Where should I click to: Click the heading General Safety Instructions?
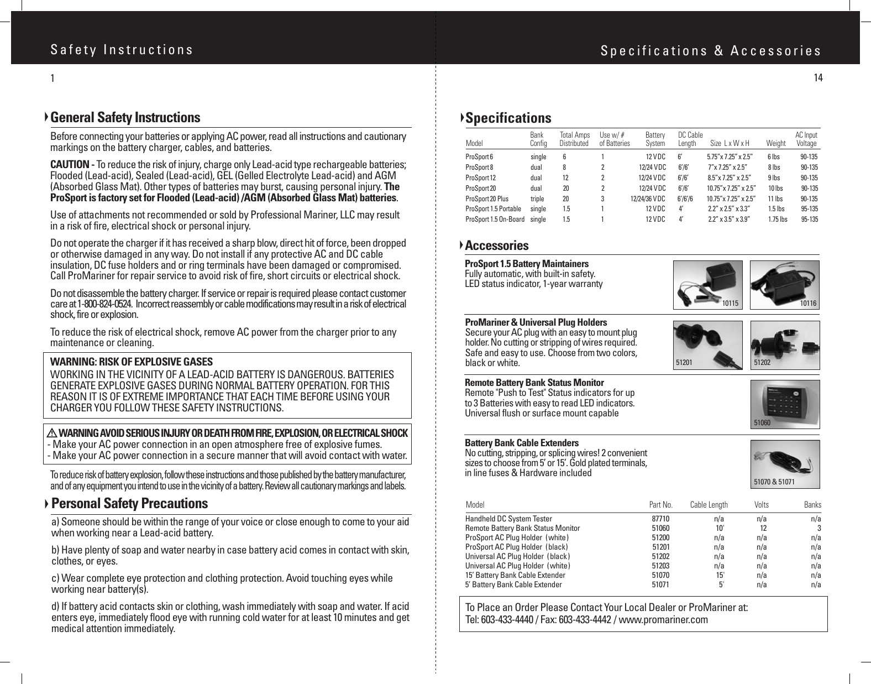[x=125, y=118]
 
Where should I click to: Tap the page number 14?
[x=818, y=78]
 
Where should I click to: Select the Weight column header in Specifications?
[x=776, y=144]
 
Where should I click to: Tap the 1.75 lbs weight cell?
[x=778, y=220]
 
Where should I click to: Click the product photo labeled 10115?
[x=707, y=284]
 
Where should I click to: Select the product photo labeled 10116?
[x=784, y=284]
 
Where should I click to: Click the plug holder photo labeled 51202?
[x=784, y=345]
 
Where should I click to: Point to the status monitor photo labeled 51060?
[x=784, y=404]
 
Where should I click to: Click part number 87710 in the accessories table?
[x=660, y=519]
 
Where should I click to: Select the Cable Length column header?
[x=709, y=505]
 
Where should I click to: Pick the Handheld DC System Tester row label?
[x=508, y=519]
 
